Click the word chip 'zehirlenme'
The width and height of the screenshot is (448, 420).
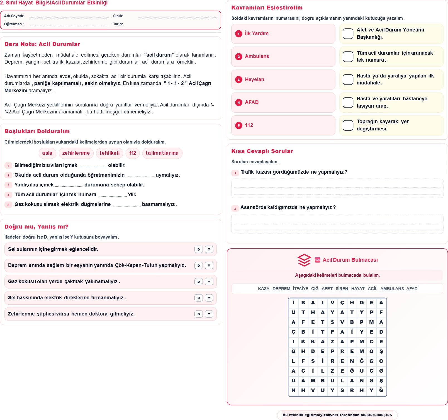coord(76,153)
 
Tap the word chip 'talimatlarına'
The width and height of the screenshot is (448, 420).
coord(162,153)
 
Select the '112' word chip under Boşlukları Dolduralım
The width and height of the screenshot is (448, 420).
coord(133,153)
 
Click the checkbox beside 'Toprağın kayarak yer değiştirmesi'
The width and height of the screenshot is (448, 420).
coord(348,125)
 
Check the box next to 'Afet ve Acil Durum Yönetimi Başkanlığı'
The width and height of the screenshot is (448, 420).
coord(348,34)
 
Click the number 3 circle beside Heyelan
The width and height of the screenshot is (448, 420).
coord(238,80)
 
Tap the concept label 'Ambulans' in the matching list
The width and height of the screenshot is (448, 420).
coord(257,56)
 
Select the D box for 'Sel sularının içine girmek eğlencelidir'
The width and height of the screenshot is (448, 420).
coord(198,249)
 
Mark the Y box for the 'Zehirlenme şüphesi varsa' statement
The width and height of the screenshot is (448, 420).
coord(209,314)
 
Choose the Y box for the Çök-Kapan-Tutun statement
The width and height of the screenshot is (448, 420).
coord(209,266)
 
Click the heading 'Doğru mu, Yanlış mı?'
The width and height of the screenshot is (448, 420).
coord(36,227)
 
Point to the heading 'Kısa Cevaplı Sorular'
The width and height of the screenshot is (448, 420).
coord(262,151)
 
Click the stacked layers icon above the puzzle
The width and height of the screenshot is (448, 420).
coord(304,260)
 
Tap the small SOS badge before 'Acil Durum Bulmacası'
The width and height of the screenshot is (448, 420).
coord(317,260)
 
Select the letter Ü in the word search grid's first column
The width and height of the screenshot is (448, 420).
coord(293,312)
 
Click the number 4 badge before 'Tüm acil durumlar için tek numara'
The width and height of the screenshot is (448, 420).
coord(8,195)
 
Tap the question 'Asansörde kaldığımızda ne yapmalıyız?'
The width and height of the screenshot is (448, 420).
coord(288,207)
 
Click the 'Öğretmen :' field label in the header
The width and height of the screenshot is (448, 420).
coord(14,24)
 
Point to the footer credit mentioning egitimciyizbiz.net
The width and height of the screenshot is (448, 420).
coord(337,415)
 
